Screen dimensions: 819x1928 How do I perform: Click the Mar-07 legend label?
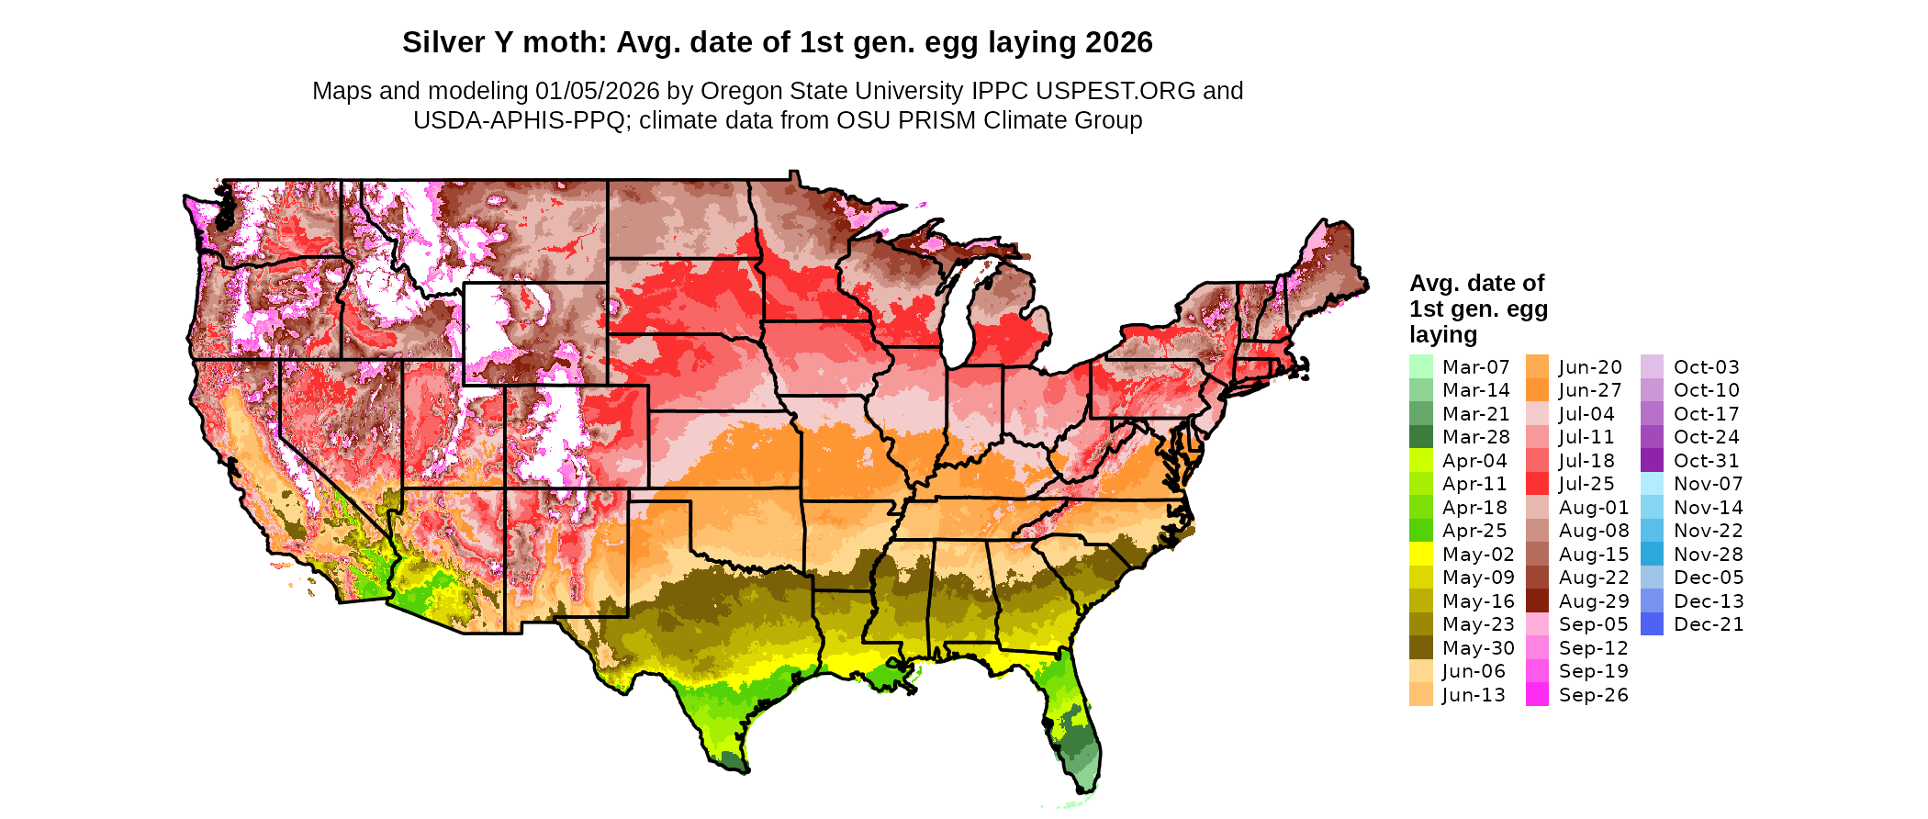point(1475,367)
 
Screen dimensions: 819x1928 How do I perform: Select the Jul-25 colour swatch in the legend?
point(1537,484)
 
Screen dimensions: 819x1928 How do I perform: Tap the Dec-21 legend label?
point(1709,624)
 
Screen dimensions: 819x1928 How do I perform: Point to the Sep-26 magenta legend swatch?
point(1537,695)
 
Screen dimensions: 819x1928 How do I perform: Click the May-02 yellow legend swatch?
point(1420,555)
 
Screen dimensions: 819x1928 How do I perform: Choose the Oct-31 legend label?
point(1706,461)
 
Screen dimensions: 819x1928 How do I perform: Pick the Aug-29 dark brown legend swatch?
point(1537,601)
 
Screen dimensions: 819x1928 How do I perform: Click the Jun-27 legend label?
point(1590,390)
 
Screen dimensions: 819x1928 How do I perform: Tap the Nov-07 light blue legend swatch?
point(1652,484)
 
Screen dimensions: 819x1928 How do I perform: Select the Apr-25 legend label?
point(1474,531)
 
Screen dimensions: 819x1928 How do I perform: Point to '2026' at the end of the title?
point(1118,42)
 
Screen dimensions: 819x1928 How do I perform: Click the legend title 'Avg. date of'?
point(1476,283)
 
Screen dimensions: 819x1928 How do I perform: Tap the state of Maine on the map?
point(1327,266)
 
